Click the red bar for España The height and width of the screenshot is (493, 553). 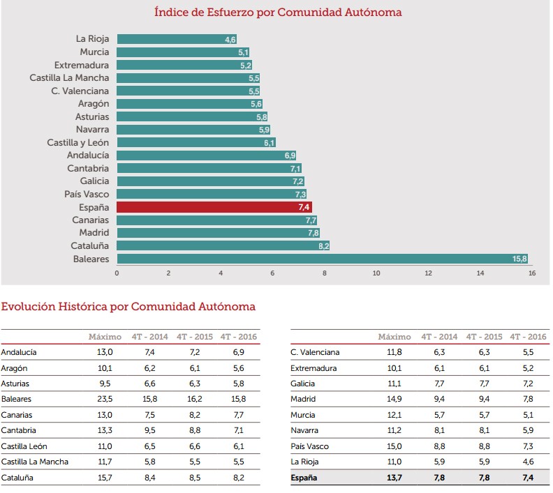214,207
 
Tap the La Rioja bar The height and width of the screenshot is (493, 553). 177,39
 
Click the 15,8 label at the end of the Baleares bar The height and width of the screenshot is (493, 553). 519,259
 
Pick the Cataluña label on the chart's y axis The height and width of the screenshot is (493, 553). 90,245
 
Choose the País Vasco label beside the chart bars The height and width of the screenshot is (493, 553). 87,194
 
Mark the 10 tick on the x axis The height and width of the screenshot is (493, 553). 376,273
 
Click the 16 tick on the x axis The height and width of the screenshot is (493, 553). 532,273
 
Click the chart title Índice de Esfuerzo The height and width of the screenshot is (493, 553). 278,12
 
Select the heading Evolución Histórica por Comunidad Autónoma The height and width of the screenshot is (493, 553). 128,306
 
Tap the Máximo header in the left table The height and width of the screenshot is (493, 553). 105,337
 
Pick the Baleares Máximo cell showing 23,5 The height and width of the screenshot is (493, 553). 105,400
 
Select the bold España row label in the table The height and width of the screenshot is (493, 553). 303,478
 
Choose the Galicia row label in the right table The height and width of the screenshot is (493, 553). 302,384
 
